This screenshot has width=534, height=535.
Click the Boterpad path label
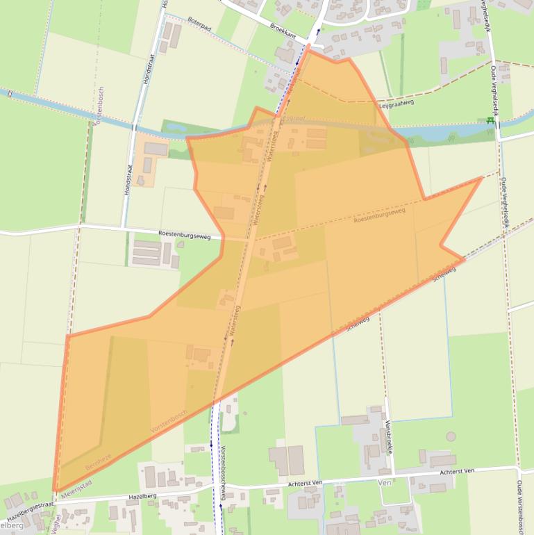(199, 23)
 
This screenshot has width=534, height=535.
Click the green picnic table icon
(491, 121)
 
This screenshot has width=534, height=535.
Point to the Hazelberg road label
(142, 497)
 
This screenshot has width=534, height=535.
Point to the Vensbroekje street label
(389, 437)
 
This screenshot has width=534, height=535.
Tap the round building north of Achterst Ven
(452, 437)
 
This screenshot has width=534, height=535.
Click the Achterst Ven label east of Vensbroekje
(456, 471)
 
